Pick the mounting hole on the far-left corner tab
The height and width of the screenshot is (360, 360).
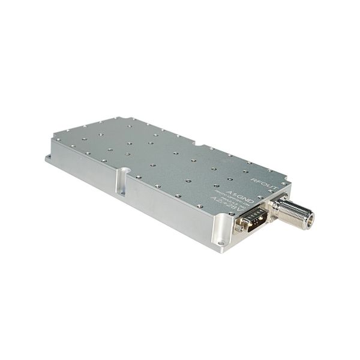pyautogui.click(x=52, y=158)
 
